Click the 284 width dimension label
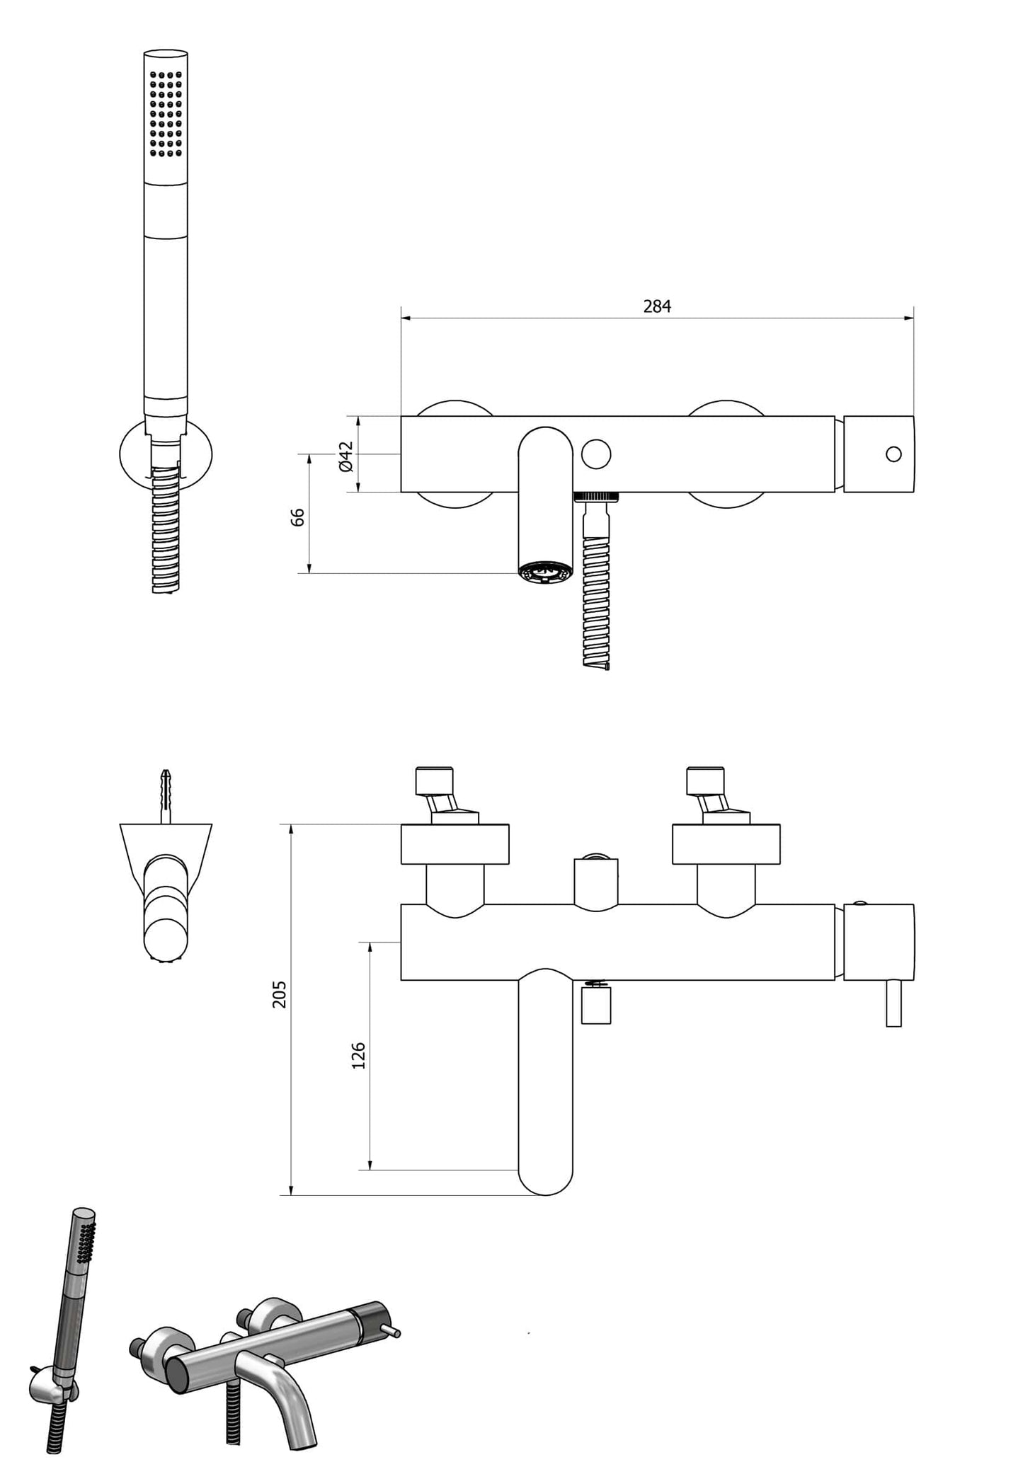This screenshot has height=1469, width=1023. (656, 306)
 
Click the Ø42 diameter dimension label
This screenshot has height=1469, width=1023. (345, 456)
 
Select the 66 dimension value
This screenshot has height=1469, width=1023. (298, 517)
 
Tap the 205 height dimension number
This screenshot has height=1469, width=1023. (280, 993)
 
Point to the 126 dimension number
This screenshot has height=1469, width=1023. (358, 1055)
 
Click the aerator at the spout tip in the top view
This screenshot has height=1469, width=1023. (544, 572)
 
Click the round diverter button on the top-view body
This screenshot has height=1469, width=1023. (596, 454)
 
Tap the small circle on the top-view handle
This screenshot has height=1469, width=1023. (893, 454)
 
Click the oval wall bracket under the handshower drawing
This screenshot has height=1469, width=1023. (132, 453)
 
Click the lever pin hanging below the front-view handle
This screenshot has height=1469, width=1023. (893, 1003)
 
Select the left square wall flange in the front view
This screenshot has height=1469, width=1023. (455, 843)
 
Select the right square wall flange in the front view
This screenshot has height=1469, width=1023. (726, 843)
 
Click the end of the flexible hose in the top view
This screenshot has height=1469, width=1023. (597, 662)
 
